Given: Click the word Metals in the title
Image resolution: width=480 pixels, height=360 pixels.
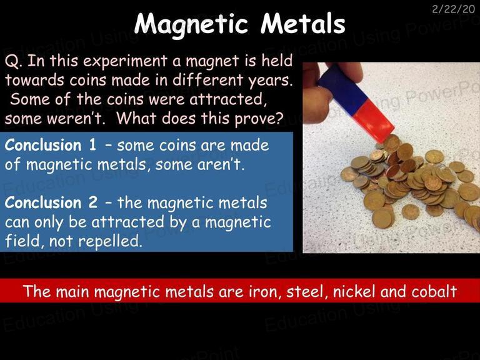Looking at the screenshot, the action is (x=303, y=23).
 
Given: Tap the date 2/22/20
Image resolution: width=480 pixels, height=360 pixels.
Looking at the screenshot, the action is (x=453, y=9).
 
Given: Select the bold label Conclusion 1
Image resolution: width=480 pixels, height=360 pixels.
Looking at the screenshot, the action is (x=51, y=144).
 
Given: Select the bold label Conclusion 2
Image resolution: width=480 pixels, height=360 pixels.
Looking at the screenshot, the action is (x=51, y=202).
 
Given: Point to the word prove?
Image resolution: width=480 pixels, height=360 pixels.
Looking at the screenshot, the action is (x=257, y=119).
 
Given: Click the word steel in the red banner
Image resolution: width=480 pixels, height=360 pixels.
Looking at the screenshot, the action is (x=304, y=292).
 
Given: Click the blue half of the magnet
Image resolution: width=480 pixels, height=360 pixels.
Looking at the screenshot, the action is (x=342, y=87).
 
